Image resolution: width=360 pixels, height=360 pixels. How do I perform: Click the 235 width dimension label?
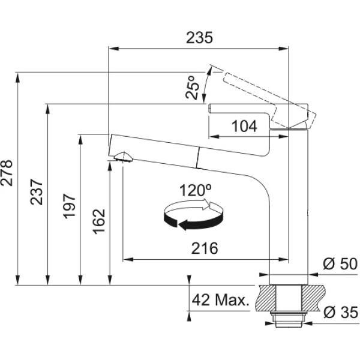click(199, 38)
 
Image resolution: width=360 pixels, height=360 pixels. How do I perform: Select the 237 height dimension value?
click(37, 192)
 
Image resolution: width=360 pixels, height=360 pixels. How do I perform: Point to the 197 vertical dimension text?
click(69, 206)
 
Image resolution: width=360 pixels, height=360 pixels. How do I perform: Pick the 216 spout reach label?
click(205, 248)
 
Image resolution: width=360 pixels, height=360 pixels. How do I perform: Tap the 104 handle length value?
click(244, 126)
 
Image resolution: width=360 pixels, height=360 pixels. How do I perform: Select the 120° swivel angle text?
click(196, 191)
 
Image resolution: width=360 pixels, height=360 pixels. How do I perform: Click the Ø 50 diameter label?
click(340, 264)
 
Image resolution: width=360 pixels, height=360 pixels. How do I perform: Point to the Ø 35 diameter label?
click(341, 312)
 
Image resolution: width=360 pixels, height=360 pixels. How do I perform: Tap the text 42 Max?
click(220, 300)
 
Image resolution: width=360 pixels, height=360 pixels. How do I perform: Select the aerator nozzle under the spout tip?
click(123, 157)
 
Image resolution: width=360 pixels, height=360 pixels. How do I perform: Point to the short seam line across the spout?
click(198, 158)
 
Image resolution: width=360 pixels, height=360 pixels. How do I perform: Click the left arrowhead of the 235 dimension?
click(113, 49)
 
